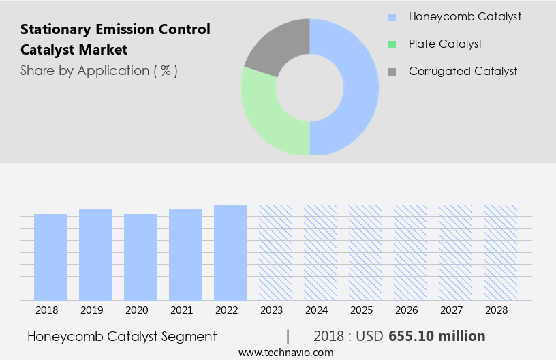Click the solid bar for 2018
pos(50,257)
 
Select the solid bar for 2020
pos(140,257)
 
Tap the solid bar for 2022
pos(230,252)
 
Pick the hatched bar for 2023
pos(275,252)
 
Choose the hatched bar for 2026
pos(410,252)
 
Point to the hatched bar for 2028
pos(500,252)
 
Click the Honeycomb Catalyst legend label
pos(465,16)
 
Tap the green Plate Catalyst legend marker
pos(391,44)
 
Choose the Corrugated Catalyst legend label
pos(463,71)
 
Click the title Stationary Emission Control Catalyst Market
pos(115,40)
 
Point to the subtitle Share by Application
pos(99,70)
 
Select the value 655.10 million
pos(437,336)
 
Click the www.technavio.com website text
pos(285,352)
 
